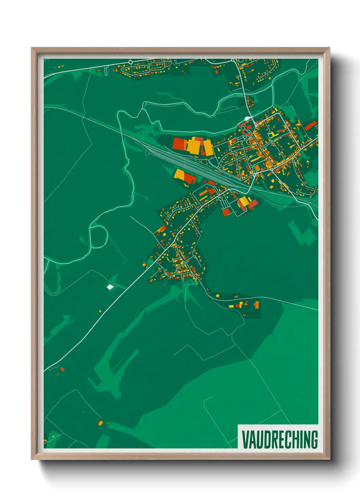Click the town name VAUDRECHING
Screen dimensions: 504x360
point(279,439)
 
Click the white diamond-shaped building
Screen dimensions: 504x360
point(110,287)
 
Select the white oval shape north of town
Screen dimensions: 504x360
point(247,119)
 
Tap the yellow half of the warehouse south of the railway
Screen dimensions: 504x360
point(179,174)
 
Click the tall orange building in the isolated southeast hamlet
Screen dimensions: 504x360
point(257,304)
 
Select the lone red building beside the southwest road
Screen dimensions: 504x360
point(62,369)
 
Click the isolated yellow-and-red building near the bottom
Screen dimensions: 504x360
point(100,423)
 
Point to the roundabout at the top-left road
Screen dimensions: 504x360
point(130,62)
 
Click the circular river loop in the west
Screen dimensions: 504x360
point(99,236)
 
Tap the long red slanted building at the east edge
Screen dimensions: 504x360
point(310,126)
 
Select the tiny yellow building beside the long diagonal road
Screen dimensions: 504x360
point(100,311)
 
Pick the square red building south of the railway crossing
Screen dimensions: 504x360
point(226,212)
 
